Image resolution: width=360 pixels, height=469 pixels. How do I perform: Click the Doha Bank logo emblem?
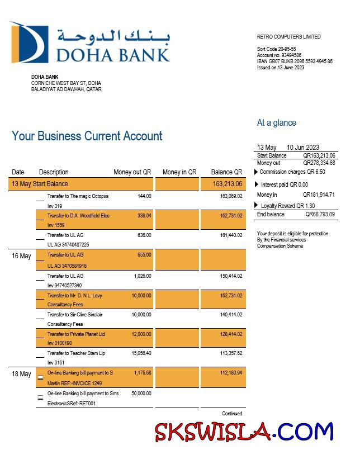[26, 42]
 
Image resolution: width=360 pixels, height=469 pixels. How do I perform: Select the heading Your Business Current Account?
[87, 136]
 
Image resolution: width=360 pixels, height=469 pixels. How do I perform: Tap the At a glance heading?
[276, 123]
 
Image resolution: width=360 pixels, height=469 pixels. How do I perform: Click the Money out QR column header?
[132, 172]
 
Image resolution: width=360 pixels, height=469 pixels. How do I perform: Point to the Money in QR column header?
[179, 172]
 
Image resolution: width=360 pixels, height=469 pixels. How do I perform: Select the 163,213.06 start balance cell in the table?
[228, 184]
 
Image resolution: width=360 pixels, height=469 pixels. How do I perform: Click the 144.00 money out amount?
[144, 196]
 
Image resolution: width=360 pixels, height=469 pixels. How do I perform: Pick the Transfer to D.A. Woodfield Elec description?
[78, 216]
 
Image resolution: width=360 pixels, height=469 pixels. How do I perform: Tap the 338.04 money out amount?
[144, 216]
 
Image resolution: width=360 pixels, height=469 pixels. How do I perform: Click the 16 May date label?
[21, 256]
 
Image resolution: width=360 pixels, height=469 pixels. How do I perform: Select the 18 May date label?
[21, 374]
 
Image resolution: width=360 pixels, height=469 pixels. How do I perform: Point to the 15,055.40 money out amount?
[141, 353]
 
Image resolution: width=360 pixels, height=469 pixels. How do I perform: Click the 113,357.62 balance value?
[231, 353]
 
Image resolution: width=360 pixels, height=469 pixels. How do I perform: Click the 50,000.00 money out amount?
[141, 394]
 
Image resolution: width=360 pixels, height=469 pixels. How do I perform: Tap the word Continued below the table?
[232, 414]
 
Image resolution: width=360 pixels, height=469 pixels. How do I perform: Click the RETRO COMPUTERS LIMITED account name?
[288, 37]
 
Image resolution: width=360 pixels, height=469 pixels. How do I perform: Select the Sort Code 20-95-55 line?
[277, 49]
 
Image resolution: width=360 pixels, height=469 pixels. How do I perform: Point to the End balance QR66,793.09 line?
[296, 215]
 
